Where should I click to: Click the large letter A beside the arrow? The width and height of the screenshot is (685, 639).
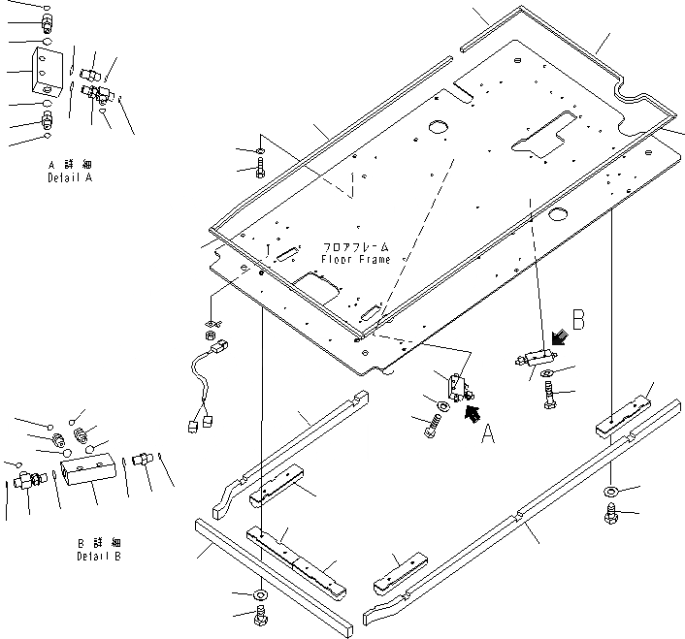coord(489,431)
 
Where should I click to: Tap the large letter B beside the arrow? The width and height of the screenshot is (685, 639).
coord(576,319)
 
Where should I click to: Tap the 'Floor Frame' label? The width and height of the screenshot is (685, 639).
coord(356,260)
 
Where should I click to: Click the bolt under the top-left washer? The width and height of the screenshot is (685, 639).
coord(260,171)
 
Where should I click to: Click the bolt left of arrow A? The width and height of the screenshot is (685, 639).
coord(434,424)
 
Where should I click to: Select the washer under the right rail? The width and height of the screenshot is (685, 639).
coord(611,493)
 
